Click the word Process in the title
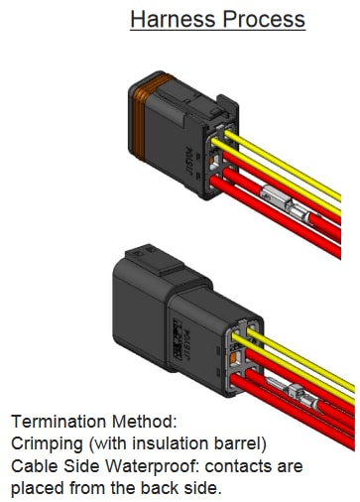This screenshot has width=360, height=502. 267,19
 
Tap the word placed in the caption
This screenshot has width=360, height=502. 37,488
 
